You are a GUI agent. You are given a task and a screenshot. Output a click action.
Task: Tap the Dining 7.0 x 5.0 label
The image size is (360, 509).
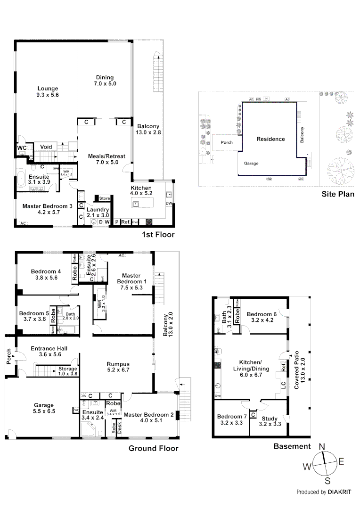tap(105, 81)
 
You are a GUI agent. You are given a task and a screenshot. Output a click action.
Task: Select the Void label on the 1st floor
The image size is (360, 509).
tap(46, 147)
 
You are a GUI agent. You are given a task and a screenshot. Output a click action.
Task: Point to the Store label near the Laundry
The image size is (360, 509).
tap(104, 198)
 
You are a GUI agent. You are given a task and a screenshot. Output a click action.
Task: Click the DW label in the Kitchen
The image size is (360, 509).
tap(169, 204)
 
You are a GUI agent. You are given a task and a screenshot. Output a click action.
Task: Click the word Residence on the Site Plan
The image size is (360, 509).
tap(270, 139)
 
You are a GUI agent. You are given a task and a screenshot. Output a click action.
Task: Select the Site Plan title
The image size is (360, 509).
tap(337, 194)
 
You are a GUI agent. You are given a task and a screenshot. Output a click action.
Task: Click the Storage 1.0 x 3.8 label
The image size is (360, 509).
tap(67, 371)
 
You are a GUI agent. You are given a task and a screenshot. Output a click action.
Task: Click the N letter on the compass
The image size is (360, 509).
tap(322, 447)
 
